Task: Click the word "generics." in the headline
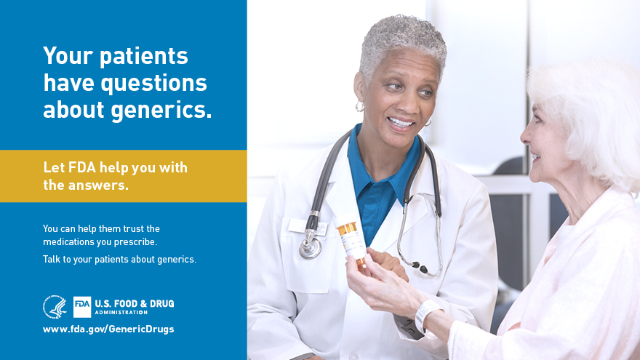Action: [x=161, y=111]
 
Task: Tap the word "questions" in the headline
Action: [x=154, y=83]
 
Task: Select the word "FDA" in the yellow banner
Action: [x=82, y=167]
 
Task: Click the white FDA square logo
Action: [x=82, y=307]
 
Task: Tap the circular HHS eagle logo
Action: [x=55, y=307]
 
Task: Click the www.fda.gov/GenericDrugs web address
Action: [x=108, y=329]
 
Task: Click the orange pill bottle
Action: [x=351, y=241]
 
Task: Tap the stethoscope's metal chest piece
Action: [x=311, y=247]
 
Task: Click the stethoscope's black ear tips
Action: [x=420, y=268]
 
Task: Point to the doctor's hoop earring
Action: [x=359, y=106]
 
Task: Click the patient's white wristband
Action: [x=426, y=315]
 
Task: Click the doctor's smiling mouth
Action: [x=401, y=123]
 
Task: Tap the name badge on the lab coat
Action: [x=307, y=227]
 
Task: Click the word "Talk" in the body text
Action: [x=51, y=259]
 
